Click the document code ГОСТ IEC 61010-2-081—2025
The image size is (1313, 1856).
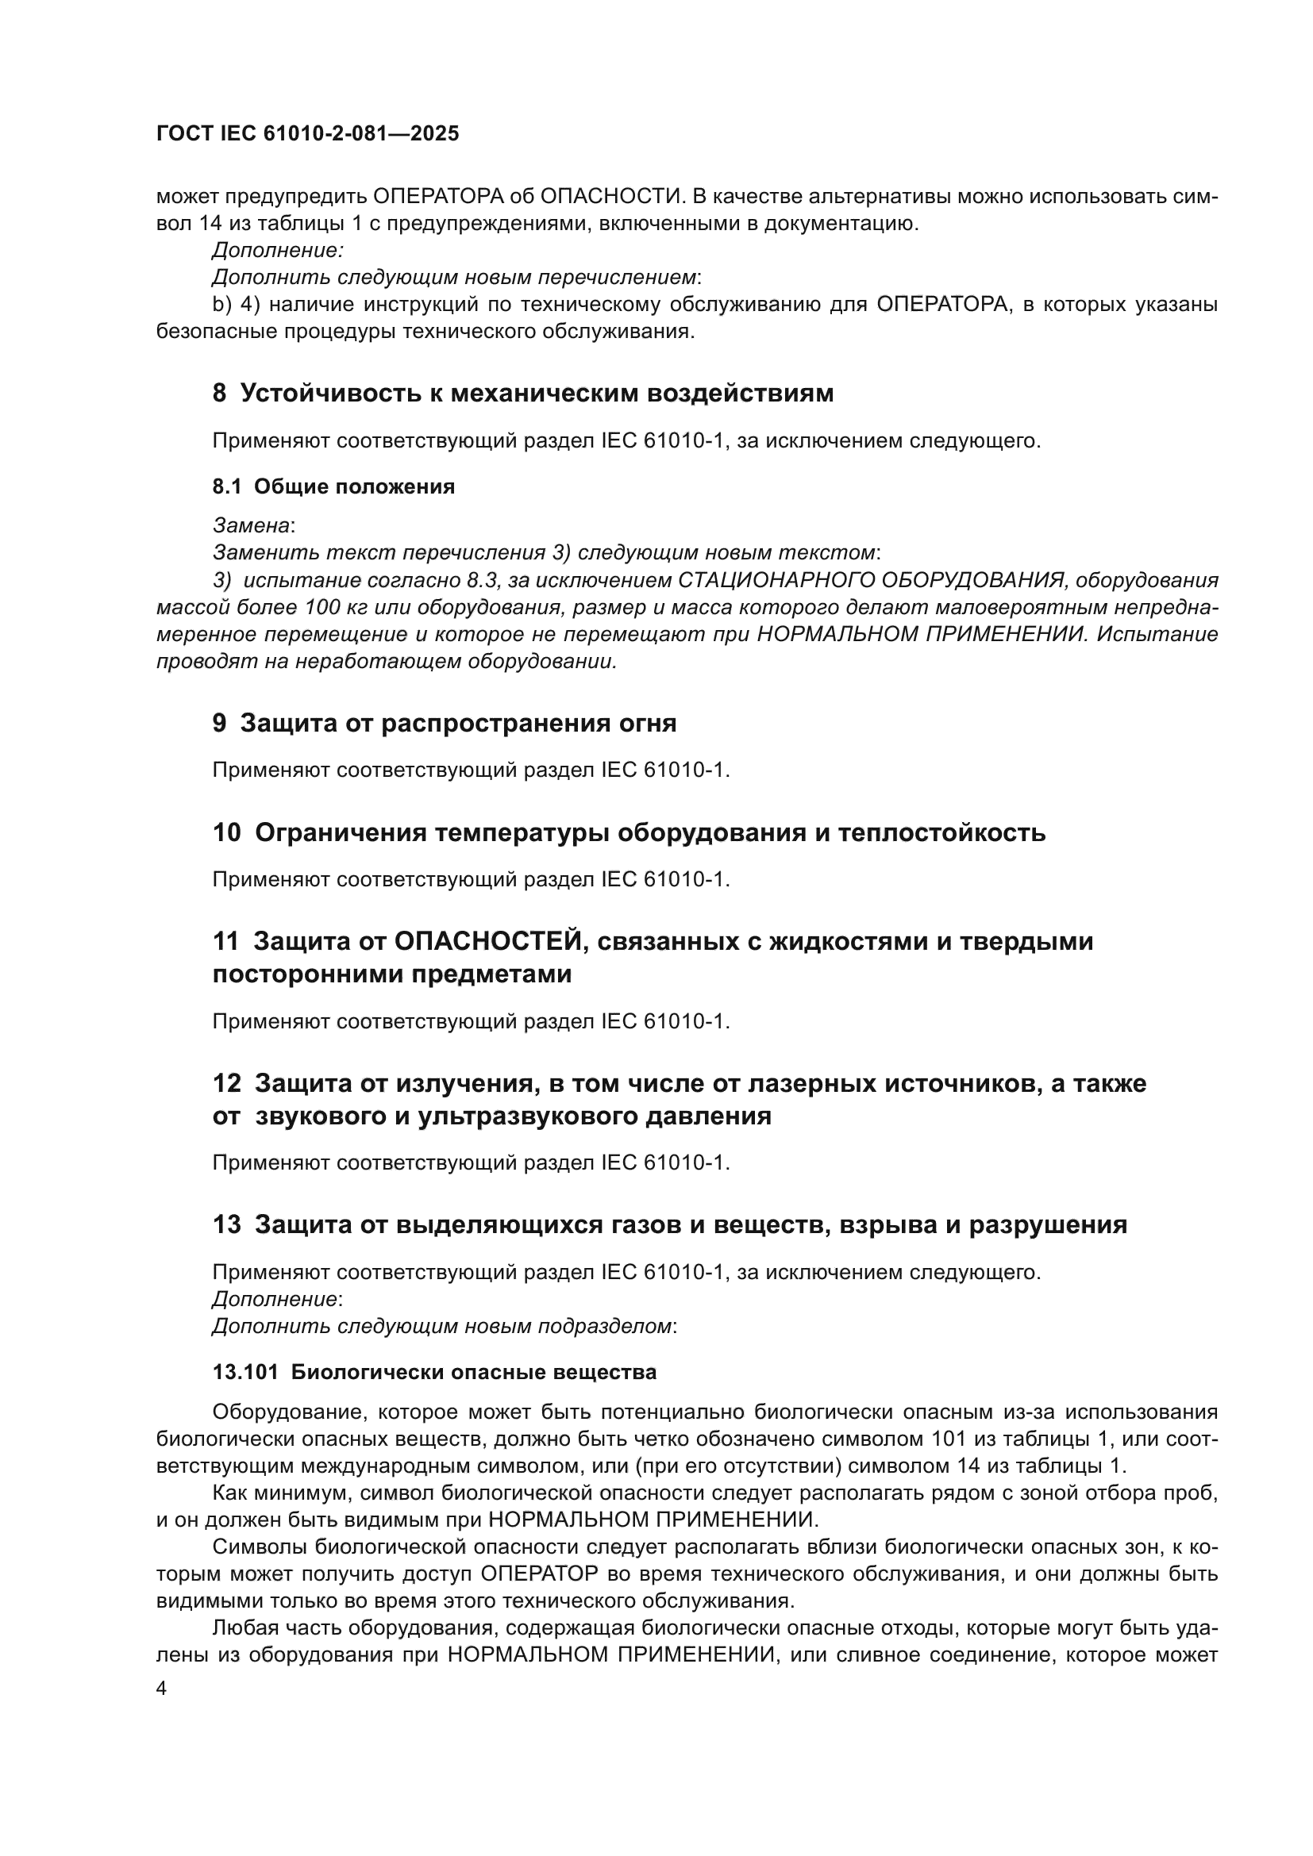[308, 133]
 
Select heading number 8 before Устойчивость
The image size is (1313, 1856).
[220, 393]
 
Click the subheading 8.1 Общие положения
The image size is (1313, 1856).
[333, 486]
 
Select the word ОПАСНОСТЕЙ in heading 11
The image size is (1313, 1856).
[488, 941]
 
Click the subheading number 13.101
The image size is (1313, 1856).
[246, 1372]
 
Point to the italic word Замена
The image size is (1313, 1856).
[251, 525]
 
